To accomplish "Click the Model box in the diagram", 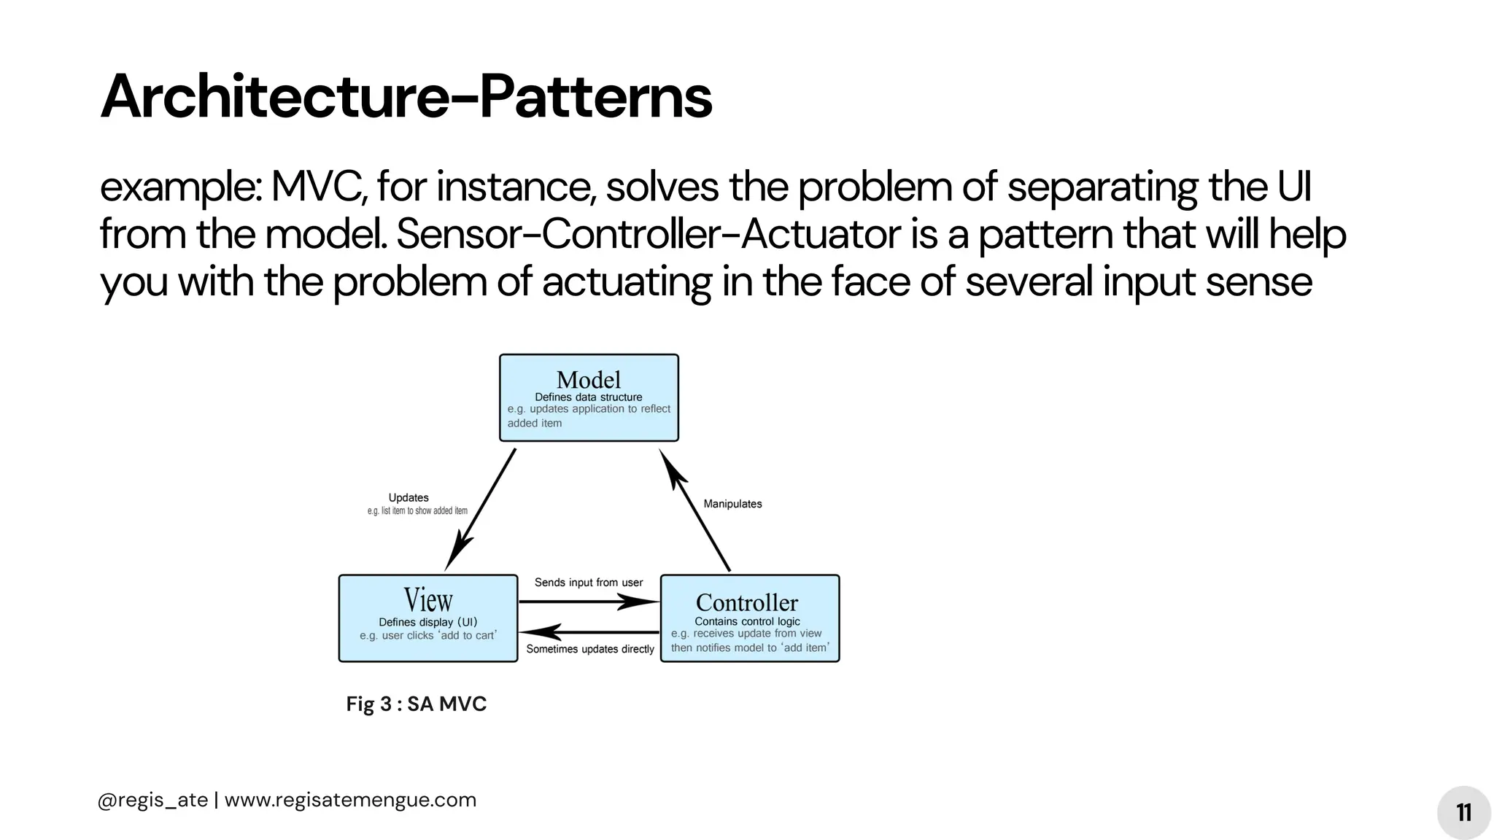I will click(x=589, y=397).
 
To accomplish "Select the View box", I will click(x=428, y=618).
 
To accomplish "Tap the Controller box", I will click(x=749, y=618).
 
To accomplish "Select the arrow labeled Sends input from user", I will click(x=588, y=602).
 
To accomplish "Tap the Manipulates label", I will click(x=732, y=504).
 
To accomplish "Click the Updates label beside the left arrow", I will click(x=409, y=498).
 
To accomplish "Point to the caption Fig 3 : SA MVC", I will click(x=416, y=704).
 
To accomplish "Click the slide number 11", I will click(x=1463, y=812).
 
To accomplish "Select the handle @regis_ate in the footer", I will click(x=152, y=800).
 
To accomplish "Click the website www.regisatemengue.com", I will click(x=350, y=800).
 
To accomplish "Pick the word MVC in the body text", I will click(x=318, y=187).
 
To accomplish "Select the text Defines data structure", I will click(x=589, y=397).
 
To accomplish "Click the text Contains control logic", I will click(x=747, y=621).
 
